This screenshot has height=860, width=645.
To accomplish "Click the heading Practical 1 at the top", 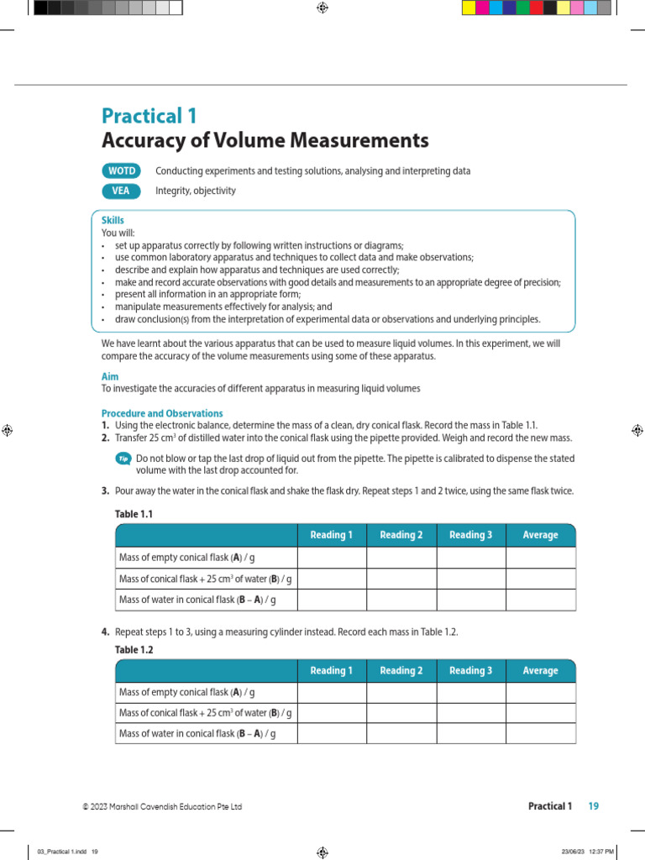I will point(149,116).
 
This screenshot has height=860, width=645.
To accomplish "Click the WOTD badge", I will point(121,170).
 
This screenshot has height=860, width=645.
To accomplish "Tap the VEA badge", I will point(121,191).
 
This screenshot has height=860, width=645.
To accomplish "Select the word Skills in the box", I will point(113,220).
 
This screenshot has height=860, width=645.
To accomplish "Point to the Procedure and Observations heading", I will point(162,413).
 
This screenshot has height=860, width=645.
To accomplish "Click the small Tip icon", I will point(123,459).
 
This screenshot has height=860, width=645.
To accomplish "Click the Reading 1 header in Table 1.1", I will point(332,535).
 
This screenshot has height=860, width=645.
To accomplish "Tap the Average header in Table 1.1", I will point(540,535).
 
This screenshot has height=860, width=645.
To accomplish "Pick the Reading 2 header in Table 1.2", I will point(401,671).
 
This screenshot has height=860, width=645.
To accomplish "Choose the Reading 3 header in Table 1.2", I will point(471,671).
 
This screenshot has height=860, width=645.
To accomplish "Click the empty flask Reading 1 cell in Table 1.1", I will point(332,558).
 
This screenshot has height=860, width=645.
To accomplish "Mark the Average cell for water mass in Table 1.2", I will point(540,733).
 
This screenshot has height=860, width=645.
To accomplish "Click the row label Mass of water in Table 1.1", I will point(197,600).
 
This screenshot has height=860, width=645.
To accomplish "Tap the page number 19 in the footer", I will point(594,806).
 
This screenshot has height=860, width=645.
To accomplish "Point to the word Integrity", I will point(173,191).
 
